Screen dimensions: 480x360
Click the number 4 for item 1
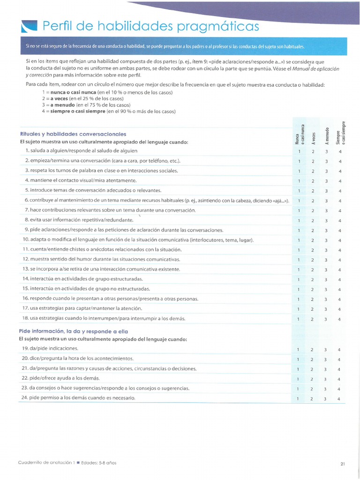coord(340,151)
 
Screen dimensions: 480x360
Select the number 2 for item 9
coord(312,231)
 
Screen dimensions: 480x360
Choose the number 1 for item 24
coord(298,399)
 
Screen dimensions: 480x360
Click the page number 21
coord(343,464)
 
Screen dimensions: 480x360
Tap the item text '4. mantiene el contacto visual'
coord(81,180)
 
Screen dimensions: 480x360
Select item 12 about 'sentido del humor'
coord(101,259)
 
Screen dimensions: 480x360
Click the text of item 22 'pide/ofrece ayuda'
coord(60,378)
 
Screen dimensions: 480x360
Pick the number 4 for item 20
coord(339,360)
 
